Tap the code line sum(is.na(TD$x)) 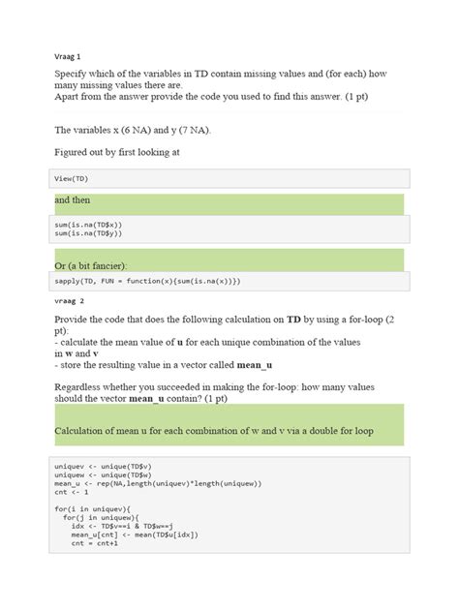pyautogui.click(x=88, y=225)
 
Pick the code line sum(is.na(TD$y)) pyautogui.click(x=88, y=232)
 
